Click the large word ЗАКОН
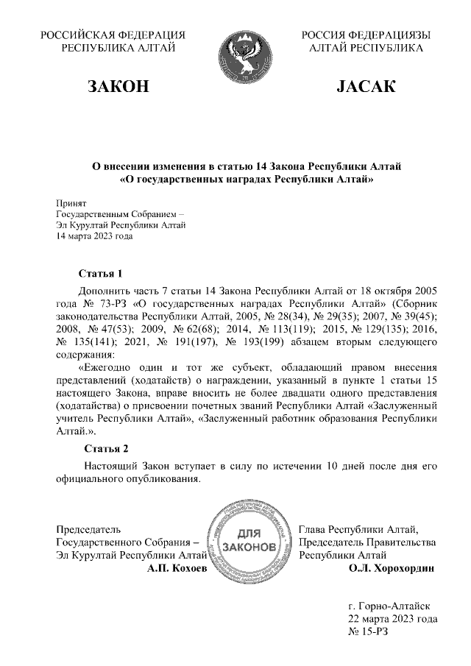point(118,88)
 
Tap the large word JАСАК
point(366,88)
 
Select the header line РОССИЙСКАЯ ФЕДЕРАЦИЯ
point(113,35)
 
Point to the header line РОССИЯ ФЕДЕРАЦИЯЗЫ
point(366,35)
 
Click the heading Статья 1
point(99,274)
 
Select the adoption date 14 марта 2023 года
point(95,237)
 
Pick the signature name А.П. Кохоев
point(177,568)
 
